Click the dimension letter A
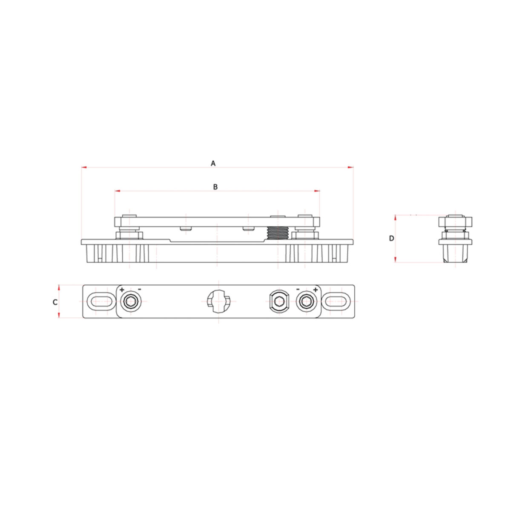coord(213,164)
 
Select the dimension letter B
coord(215,187)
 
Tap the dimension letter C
coord(55,302)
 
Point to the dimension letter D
coord(391,238)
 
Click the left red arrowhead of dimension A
coord(84,167)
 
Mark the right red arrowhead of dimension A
coord(350,167)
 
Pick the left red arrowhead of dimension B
coord(118,191)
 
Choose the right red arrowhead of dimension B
coord(317,191)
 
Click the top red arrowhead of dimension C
coord(59,288)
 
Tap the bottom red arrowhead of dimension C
coord(59,315)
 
